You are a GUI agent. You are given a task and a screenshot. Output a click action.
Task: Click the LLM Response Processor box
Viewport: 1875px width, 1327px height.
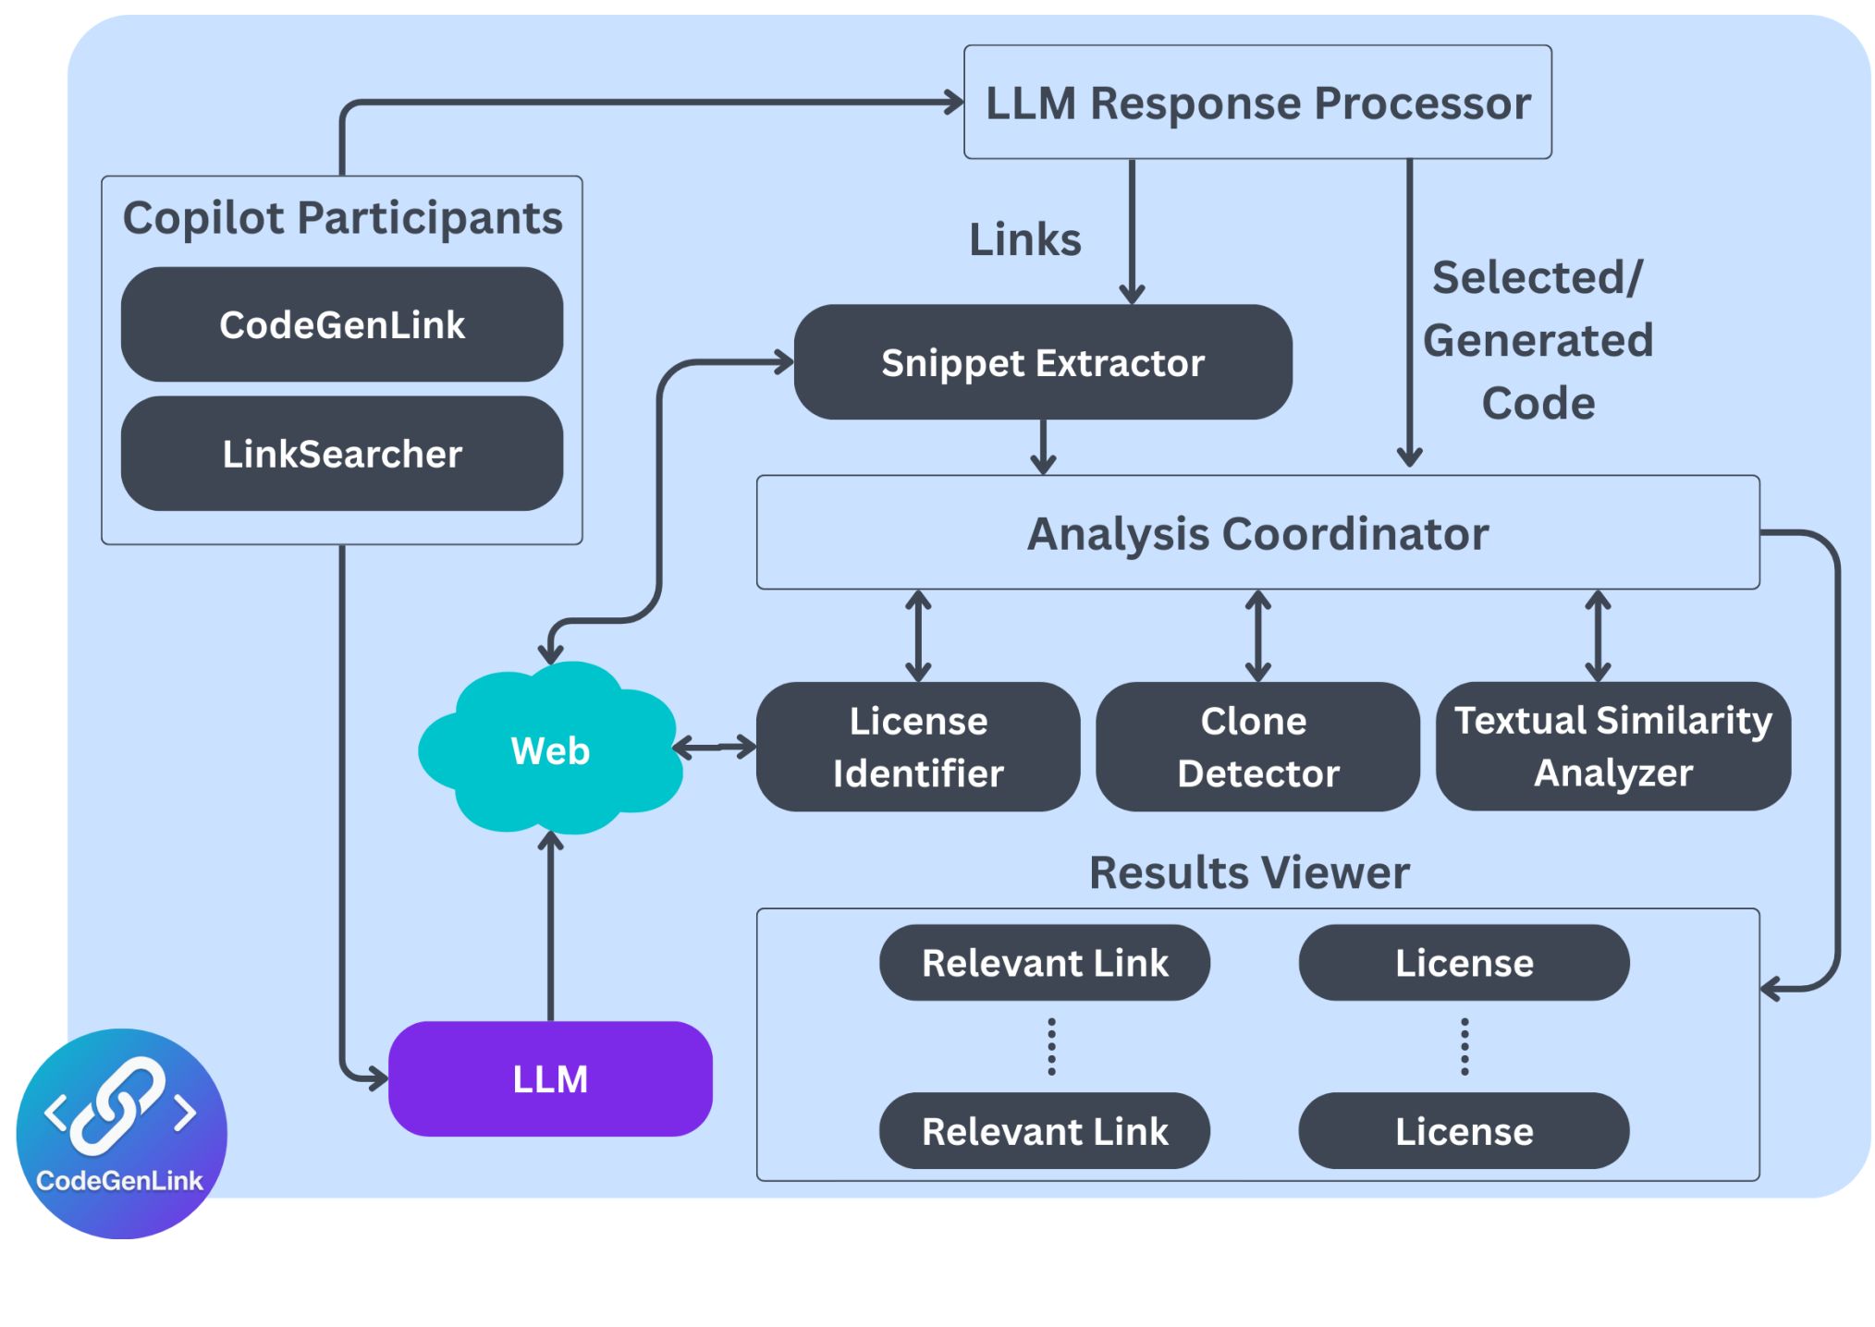point(1256,103)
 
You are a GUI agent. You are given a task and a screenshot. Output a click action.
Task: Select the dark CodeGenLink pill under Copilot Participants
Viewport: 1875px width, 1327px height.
point(341,324)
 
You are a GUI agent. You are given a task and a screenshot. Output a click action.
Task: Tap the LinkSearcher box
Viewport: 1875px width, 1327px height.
point(341,454)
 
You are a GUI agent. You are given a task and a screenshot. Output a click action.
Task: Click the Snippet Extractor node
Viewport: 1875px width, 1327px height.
point(1042,362)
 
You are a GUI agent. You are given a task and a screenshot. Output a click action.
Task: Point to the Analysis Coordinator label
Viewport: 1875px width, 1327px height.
point(1257,533)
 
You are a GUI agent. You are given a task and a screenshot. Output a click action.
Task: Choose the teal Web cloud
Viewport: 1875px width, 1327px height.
point(550,749)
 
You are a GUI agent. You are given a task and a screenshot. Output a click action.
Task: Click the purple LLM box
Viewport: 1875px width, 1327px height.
point(550,1078)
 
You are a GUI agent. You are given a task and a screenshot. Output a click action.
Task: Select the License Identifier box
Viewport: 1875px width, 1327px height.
point(917,747)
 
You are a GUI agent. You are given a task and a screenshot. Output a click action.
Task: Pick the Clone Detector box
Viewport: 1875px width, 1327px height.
point(1256,747)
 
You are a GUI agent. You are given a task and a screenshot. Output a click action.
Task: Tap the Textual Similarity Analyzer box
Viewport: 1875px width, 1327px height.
point(1612,746)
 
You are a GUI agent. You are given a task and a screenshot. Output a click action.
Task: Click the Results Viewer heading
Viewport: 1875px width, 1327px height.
point(1249,872)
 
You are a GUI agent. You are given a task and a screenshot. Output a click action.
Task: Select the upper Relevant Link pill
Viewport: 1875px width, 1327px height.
point(1044,963)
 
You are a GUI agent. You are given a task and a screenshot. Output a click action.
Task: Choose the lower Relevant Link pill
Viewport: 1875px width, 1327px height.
point(1044,1131)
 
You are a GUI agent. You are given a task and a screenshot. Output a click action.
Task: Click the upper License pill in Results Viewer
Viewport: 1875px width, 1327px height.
point(1464,963)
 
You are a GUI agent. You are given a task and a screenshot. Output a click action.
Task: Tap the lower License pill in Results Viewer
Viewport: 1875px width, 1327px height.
point(1464,1131)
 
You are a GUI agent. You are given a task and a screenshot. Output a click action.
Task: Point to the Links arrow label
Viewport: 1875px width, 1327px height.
point(1024,239)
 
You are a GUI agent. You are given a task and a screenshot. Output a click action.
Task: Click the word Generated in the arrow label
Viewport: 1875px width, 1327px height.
point(1538,340)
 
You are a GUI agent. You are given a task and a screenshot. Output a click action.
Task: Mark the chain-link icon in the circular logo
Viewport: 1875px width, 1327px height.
point(118,1106)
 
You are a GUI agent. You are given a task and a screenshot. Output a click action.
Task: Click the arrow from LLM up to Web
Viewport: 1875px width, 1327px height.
point(550,924)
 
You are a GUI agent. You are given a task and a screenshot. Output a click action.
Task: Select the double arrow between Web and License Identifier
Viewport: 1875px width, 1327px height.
point(715,747)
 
